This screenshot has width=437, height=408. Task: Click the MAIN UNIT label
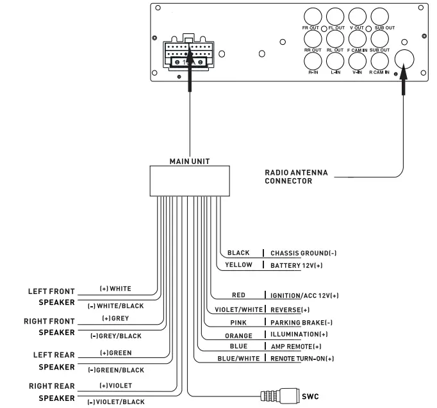pos(189,161)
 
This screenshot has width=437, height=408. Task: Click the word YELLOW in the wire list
pos(238,264)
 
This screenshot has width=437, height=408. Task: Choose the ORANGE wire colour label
pos(238,334)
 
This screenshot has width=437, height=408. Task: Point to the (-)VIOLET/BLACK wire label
pos(116,402)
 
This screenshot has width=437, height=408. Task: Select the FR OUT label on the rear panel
pos(311,29)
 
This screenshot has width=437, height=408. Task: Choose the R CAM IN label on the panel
pos(379,72)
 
